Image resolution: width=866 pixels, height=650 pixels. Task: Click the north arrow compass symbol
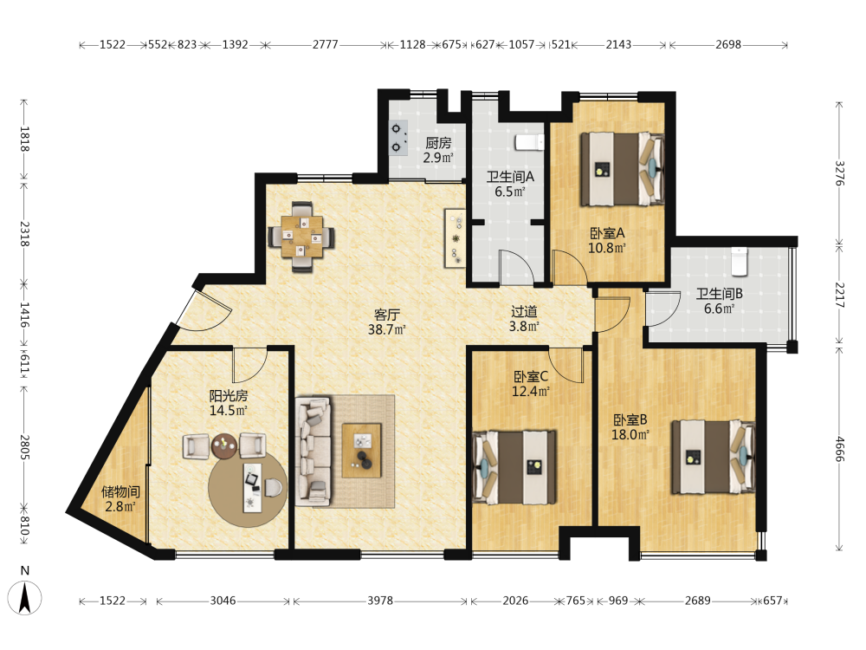24,597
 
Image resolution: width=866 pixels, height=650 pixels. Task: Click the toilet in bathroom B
739,262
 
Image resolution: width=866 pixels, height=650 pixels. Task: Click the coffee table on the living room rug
362,450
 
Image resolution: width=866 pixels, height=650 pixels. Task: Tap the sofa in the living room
313,451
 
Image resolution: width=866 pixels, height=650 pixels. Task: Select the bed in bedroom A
622,169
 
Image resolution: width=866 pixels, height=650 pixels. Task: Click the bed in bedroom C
514,467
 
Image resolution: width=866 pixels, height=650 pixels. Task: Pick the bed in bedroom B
713,457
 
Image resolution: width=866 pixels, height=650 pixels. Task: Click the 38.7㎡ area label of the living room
386,330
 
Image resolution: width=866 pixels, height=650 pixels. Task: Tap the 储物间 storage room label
120,491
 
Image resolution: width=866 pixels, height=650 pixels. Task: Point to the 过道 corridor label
524,312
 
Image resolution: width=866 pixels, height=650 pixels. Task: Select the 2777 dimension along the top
326,44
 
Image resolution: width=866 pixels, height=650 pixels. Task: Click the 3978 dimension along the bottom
380,601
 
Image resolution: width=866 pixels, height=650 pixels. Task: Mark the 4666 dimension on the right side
839,449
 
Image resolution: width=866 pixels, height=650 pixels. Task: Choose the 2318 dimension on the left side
24,234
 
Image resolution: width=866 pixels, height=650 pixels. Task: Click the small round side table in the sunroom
224,446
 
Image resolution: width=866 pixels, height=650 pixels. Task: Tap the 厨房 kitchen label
438,143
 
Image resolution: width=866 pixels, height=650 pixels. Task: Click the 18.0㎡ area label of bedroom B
630,435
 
